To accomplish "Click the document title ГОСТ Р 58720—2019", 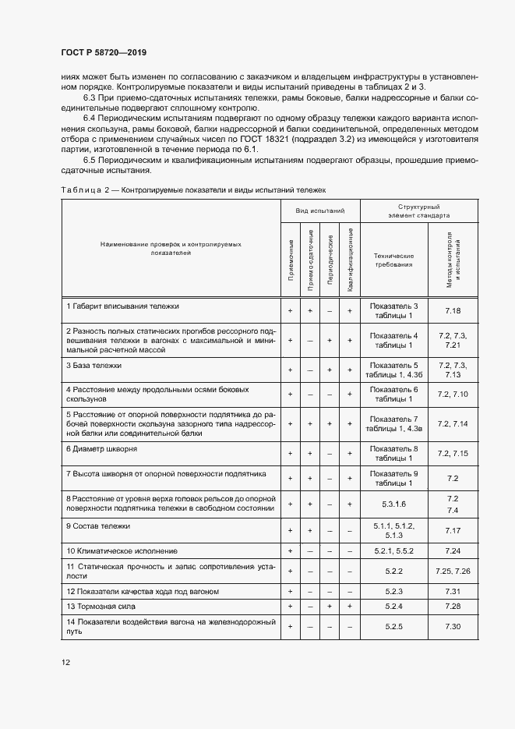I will point(104,52).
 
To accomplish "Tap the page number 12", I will point(66,662).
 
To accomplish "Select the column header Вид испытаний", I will point(319,211).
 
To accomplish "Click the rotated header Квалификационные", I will point(351,260).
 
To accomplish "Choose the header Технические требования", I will point(393,260).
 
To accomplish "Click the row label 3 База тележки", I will point(94,365).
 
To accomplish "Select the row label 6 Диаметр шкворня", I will point(102,449).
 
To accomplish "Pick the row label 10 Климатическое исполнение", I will point(116,550).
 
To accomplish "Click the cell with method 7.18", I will point(453,310).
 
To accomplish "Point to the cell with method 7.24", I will point(453,550).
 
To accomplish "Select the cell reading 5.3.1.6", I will point(393,504).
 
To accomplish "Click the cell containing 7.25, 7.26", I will point(453,572).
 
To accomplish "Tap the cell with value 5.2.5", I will point(393,626).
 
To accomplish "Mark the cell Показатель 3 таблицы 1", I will point(393,310).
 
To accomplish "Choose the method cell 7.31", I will point(453,592).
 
